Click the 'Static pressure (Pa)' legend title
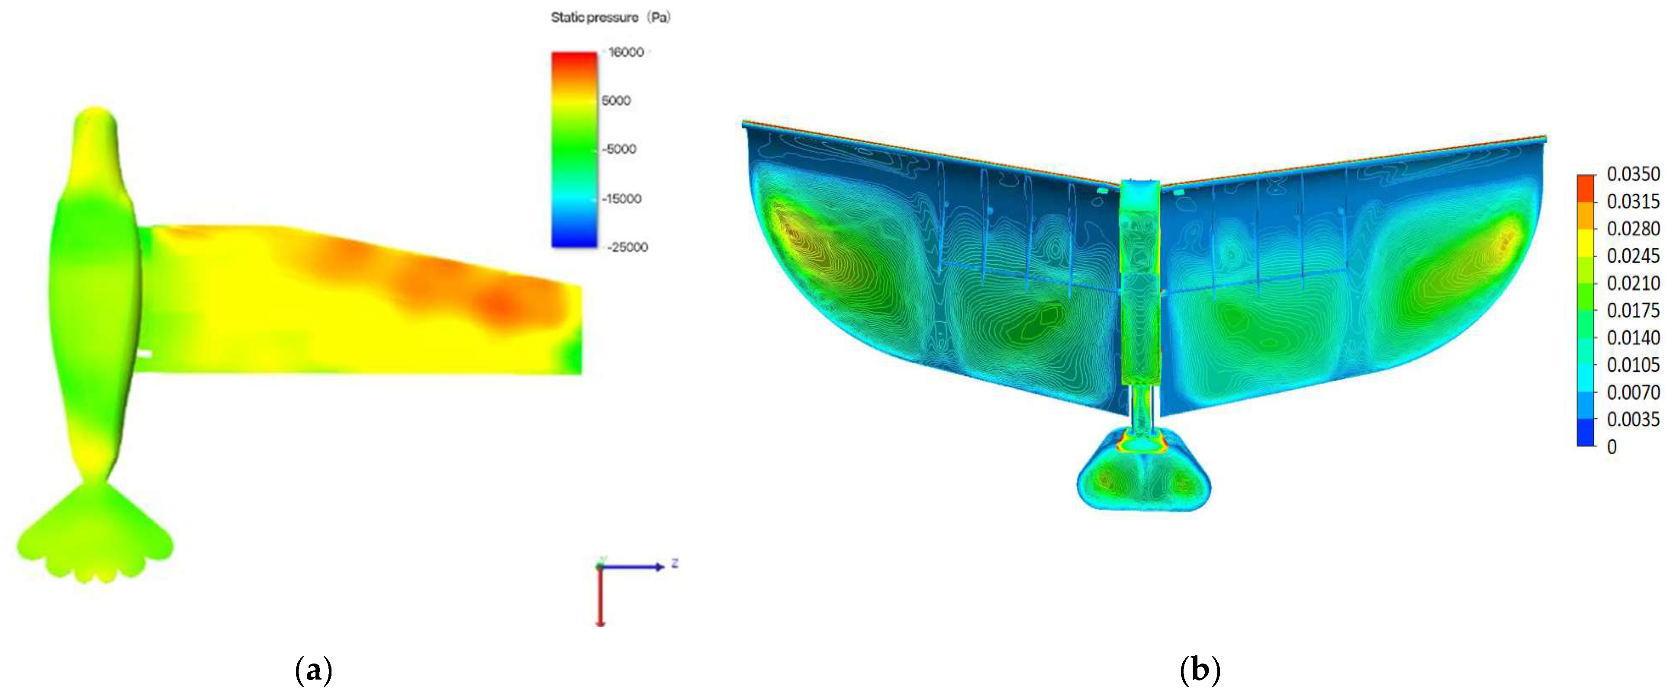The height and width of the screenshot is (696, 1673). (611, 18)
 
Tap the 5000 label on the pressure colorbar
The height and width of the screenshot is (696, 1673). (616, 101)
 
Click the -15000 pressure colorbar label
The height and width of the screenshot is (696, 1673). (621, 199)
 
